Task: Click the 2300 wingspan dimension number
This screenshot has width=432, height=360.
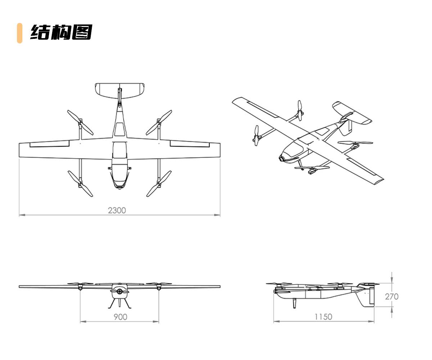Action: (117, 210)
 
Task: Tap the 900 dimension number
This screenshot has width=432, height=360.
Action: (120, 317)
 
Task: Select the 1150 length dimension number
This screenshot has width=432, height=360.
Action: (323, 317)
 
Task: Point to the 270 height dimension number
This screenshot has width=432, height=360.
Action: (392, 297)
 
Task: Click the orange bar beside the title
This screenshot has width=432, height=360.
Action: (19, 33)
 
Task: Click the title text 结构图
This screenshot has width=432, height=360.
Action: (61, 33)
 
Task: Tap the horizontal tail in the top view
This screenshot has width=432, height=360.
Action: (120, 90)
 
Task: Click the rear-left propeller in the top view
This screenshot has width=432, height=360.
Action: (80, 122)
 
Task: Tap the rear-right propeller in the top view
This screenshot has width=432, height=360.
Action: (159, 122)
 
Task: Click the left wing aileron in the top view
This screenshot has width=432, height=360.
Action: (49, 144)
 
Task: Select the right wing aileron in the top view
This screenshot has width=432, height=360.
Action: (190, 144)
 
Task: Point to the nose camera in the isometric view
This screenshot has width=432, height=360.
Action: (282, 158)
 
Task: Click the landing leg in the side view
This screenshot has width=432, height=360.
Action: (295, 303)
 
